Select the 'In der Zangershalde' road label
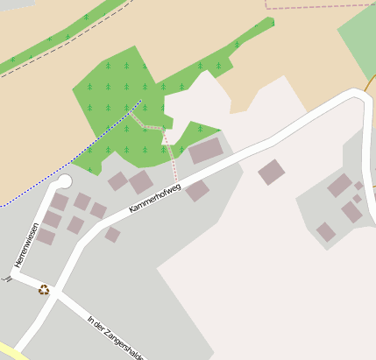click(x=116, y=336)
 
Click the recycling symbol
click(x=43, y=290)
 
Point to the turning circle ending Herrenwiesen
click(x=63, y=182)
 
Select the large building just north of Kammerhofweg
click(x=206, y=151)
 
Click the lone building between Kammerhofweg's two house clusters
click(x=271, y=172)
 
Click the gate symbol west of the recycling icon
click(x=8, y=279)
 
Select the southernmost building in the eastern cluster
click(x=325, y=231)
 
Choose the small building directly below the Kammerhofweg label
click(x=112, y=235)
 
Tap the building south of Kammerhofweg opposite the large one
click(x=197, y=190)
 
